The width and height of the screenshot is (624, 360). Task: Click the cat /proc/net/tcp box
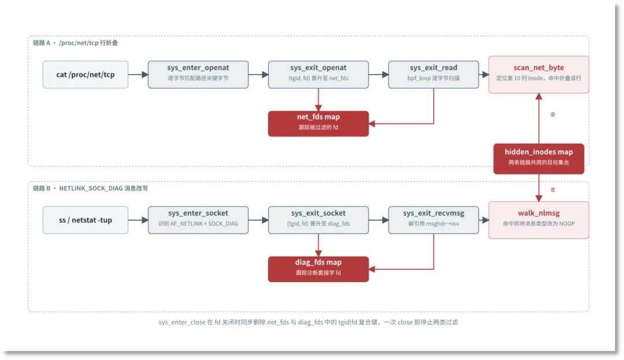[86, 75]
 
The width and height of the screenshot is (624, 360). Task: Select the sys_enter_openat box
[198, 75]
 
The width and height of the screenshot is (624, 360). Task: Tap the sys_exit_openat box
[318, 75]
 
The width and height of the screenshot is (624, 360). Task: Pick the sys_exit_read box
[433, 75]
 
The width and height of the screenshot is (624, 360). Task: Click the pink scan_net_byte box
[539, 75]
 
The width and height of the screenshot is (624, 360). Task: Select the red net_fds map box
[318, 124]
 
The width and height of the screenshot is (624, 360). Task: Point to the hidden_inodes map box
[539, 159]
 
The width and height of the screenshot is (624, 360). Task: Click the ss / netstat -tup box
[86, 220]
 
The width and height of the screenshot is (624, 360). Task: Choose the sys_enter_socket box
[198, 220]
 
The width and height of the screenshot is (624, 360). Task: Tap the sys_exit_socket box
[318, 220]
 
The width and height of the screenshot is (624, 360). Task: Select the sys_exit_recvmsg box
[433, 220]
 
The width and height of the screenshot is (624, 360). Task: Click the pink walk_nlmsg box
[539, 220]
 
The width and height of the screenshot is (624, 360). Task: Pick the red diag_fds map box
[318, 269]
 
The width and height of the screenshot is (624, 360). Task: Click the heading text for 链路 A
[75, 43]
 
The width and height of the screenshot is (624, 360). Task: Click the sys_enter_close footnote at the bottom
[309, 322]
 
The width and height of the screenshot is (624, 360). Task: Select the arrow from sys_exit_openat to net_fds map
[318, 99]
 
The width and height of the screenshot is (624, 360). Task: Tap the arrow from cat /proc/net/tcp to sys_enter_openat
[138, 75]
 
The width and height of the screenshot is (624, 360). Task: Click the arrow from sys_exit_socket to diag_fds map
[318, 245]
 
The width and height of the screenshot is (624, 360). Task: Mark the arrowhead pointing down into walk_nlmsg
[539, 198]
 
